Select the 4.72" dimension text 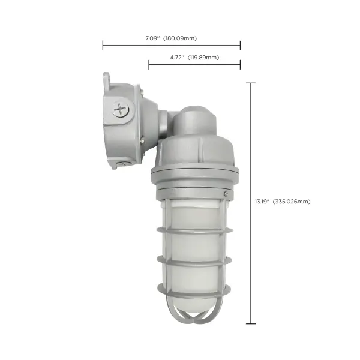pos(176,58)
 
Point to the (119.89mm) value pos(203,58)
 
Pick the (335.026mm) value pos(292,202)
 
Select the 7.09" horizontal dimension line pos(171,46)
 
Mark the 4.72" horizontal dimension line pos(194,65)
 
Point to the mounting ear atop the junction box pos(106,79)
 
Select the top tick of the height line pos(250,83)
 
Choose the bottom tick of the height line pos(250,324)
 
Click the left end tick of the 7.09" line pos(103,46)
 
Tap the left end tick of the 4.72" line pos(149,65)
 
